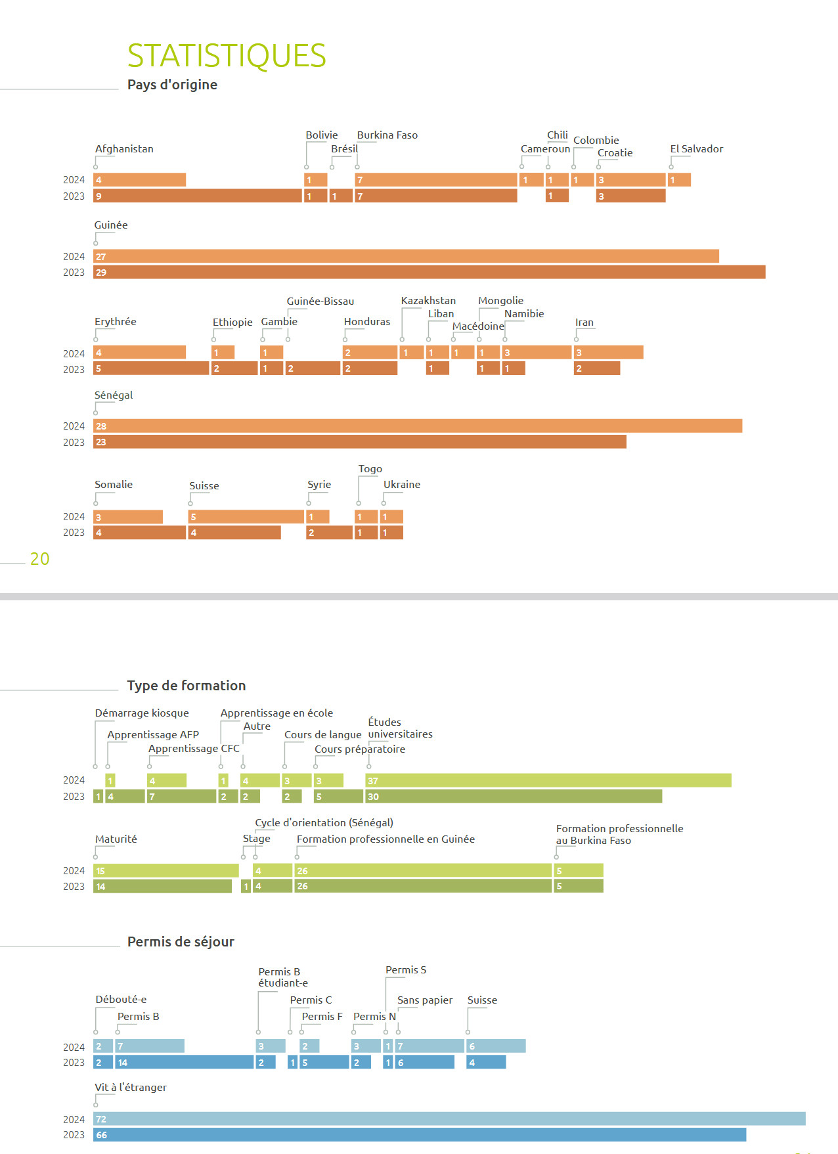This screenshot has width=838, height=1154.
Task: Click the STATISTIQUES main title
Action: pyautogui.click(x=227, y=56)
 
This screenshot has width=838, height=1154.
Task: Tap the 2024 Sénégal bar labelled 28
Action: pyautogui.click(x=418, y=426)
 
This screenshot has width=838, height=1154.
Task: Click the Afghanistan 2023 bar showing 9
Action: pyautogui.click(x=197, y=196)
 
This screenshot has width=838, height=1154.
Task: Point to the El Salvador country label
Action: pyautogui.click(x=696, y=149)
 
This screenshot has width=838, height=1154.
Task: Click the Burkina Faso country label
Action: pyautogui.click(x=387, y=135)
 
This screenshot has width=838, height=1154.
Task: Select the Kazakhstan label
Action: pyautogui.click(x=428, y=301)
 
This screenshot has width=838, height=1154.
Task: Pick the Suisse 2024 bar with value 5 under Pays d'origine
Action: pyautogui.click(x=246, y=517)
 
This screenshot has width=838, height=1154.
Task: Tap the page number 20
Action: pyautogui.click(x=39, y=559)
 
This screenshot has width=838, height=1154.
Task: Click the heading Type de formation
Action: pyautogui.click(x=187, y=686)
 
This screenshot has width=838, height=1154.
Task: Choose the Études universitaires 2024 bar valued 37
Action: pyautogui.click(x=548, y=780)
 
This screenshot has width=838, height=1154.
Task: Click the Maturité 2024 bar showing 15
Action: pyautogui.click(x=165, y=870)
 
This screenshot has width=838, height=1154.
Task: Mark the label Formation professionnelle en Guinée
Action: pyautogui.click(x=386, y=839)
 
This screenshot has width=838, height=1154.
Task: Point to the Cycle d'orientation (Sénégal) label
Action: pyautogui.click(x=324, y=823)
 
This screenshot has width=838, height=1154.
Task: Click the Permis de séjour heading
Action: pyautogui.click(x=181, y=942)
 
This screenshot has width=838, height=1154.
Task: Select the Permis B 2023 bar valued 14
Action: pyautogui.click(x=185, y=1062)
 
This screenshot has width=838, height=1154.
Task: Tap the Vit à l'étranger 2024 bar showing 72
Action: pyautogui.click(x=449, y=1119)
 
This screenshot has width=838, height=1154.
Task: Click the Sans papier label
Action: pyautogui.click(x=424, y=1000)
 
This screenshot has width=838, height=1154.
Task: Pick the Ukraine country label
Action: pyautogui.click(x=401, y=485)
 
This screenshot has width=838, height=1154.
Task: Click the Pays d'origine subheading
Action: pyautogui.click(x=172, y=85)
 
